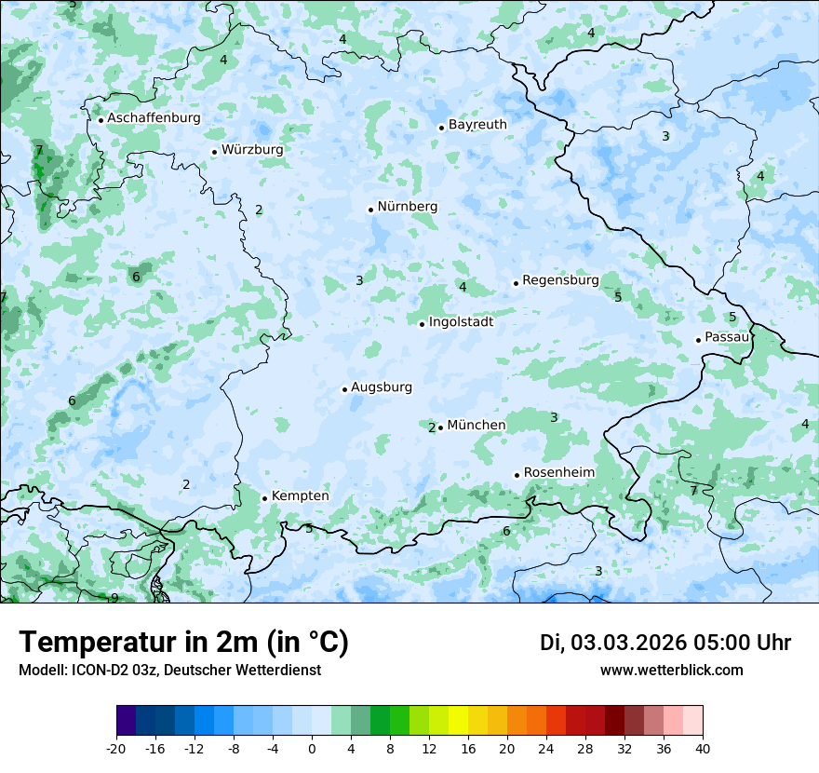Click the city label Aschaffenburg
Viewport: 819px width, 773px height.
click(154, 118)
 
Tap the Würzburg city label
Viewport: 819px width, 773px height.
click(252, 150)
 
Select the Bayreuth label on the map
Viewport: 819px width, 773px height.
click(477, 125)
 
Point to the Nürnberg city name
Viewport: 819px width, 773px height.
click(407, 207)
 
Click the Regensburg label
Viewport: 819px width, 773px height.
click(560, 280)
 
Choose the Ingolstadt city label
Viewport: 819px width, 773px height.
click(461, 322)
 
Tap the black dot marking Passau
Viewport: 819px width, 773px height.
click(698, 340)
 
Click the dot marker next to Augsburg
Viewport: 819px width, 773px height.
click(344, 389)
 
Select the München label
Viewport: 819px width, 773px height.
click(477, 426)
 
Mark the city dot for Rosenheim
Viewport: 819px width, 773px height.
click(517, 475)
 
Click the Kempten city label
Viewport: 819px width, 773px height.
click(300, 496)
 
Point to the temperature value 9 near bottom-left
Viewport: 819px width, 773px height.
click(114, 598)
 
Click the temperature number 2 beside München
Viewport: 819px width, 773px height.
click(432, 427)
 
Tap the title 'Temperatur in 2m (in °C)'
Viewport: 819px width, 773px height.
click(183, 643)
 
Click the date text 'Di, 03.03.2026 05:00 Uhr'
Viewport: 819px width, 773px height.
click(665, 643)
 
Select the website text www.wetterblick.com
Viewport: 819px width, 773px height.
click(671, 671)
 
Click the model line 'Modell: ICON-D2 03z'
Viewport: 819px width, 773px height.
click(169, 671)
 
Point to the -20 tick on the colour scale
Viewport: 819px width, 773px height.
click(116, 748)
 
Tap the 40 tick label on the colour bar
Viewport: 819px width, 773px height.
click(702, 748)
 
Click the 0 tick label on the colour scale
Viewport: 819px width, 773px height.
click(312, 748)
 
